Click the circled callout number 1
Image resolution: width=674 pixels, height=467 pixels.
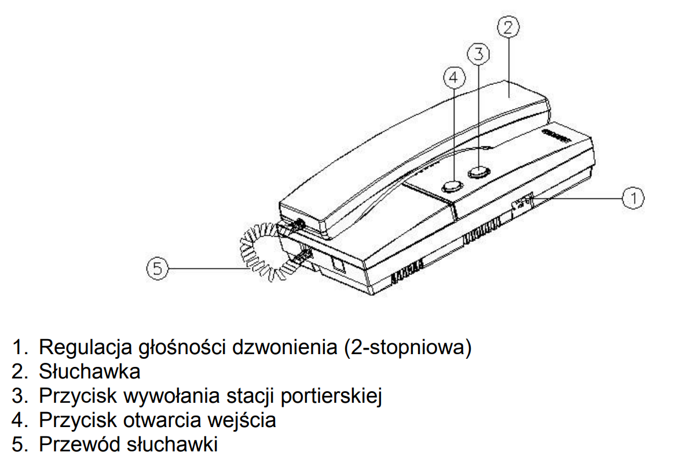(x=633, y=198)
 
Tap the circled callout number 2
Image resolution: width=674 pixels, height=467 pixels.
(x=508, y=27)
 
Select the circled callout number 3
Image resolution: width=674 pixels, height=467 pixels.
(x=478, y=54)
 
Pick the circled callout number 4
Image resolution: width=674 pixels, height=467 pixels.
(x=454, y=78)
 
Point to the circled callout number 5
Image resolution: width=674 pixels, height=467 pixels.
(x=157, y=269)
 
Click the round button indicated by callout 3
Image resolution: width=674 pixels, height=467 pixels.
(x=479, y=172)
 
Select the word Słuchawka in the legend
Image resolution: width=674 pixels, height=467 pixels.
(x=89, y=372)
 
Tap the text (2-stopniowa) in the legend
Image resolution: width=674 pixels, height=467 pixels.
(x=408, y=348)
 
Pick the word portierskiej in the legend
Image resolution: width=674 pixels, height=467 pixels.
(x=331, y=396)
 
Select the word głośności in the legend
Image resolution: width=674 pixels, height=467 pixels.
(x=182, y=348)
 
